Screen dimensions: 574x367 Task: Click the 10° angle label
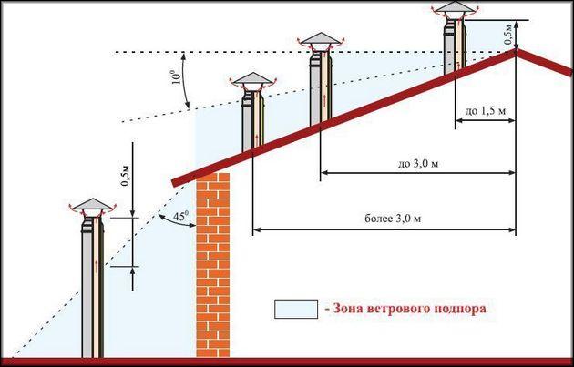tap(176, 76)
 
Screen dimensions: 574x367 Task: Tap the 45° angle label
tap(180, 216)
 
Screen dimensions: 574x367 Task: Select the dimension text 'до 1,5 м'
tap(486, 110)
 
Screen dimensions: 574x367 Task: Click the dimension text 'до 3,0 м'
tap(417, 163)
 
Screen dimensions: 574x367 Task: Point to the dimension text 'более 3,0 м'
tap(393, 219)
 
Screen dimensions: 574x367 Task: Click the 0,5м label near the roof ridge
tap(508, 35)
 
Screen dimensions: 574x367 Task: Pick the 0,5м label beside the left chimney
tap(126, 176)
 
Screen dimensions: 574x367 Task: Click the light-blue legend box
tap(296, 310)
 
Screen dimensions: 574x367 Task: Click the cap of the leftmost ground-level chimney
tap(93, 205)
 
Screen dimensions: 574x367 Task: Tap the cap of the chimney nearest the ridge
tap(456, 8)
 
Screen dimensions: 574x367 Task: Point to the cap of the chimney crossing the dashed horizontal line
tap(321, 39)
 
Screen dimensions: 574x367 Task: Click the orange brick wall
tap(213, 265)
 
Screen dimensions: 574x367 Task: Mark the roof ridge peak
tap(517, 50)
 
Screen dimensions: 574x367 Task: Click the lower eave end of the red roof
tap(173, 183)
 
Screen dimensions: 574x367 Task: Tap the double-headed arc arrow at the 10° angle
tap(187, 80)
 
